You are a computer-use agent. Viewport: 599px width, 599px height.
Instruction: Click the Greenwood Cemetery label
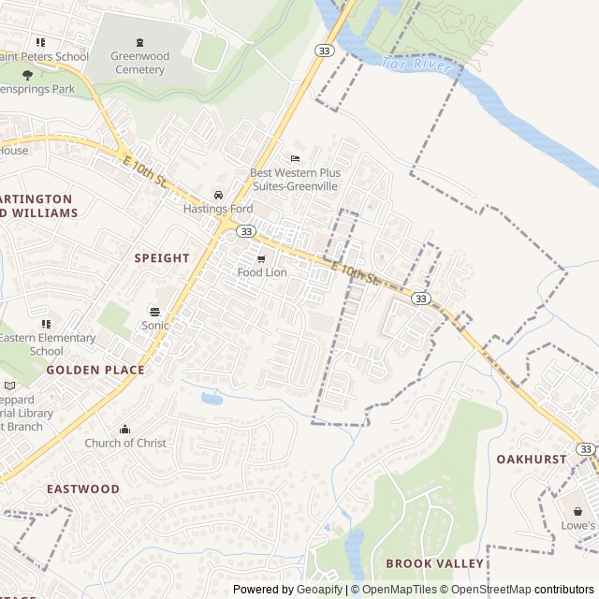139,63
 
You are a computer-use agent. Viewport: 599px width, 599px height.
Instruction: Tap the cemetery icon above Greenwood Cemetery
140,42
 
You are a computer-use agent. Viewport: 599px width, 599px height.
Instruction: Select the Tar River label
417,66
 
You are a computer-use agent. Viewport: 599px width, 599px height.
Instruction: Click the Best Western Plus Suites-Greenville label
295,180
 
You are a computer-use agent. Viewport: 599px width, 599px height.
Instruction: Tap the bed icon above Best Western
296,158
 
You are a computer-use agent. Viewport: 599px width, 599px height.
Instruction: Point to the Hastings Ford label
218,209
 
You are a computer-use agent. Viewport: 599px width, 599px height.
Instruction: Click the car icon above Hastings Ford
218,195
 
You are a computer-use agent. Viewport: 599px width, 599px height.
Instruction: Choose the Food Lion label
262,272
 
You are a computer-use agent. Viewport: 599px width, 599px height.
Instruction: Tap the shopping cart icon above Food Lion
261,258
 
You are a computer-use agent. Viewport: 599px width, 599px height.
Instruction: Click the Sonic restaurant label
155,326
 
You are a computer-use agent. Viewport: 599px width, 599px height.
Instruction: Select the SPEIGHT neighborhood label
162,257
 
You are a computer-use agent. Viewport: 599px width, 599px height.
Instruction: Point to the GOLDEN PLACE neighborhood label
95,370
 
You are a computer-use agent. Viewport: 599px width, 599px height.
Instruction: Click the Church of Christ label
125,443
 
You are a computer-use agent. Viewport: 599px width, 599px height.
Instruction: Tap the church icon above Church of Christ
125,429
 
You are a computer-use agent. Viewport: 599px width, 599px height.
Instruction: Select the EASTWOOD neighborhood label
83,489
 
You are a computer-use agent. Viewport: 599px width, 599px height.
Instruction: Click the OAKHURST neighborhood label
532,460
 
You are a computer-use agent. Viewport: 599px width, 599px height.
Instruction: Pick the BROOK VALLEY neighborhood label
434,563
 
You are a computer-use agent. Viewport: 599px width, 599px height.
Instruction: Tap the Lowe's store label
577,526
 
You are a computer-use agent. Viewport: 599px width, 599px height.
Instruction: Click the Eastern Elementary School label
47,344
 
